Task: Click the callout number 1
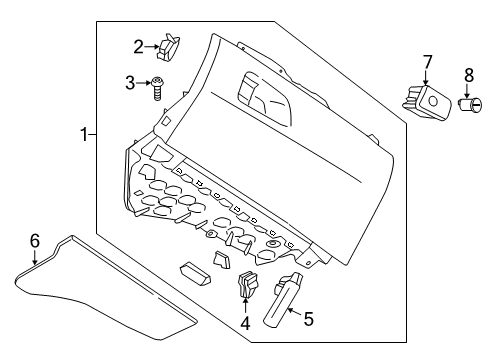[x=84, y=132]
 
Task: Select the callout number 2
[x=139, y=44]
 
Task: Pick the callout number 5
[x=308, y=320]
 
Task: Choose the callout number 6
[x=34, y=241]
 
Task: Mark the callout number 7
[x=426, y=64]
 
